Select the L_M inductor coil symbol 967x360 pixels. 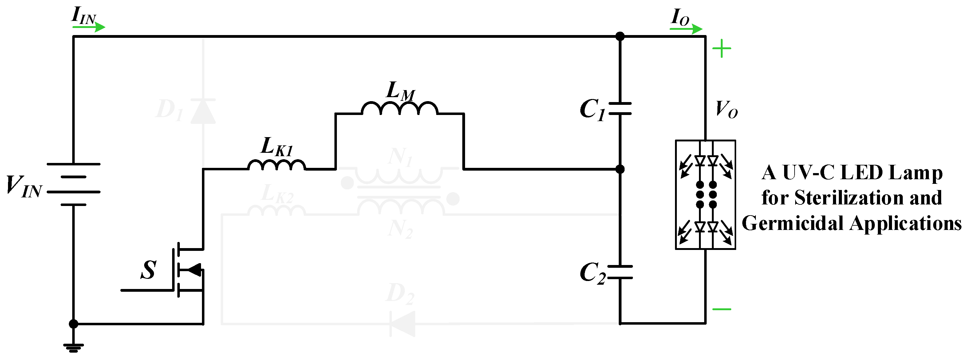coord(399,108)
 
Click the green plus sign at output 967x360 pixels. coord(721,49)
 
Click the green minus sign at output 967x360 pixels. coord(721,309)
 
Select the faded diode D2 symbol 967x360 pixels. coord(402,324)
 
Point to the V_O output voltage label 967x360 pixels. coord(726,110)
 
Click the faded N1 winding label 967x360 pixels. coord(400,156)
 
